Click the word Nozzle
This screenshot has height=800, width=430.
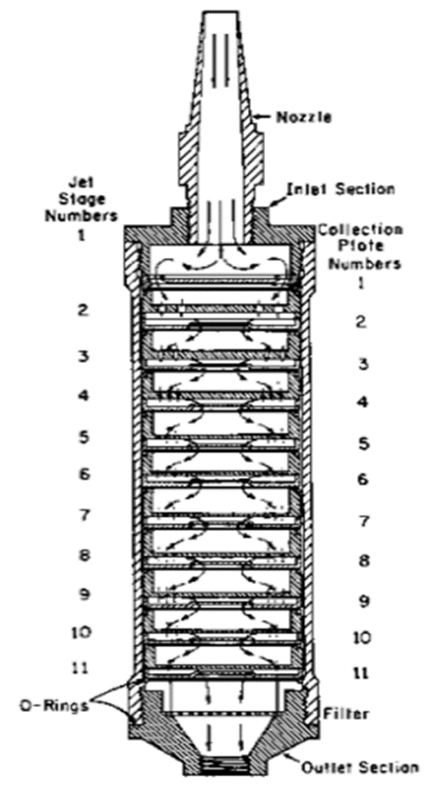point(304,117)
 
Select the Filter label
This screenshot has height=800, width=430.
point(352,713)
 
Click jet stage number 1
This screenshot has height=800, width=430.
point(82,236)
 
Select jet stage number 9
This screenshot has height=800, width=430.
point(82,594)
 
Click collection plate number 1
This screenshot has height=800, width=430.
point(361,284)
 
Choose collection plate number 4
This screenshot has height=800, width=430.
point(362,402)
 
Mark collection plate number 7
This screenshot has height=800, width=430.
point(362,522)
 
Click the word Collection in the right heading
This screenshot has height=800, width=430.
point(360,230)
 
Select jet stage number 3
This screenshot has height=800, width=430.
point(82,356)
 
